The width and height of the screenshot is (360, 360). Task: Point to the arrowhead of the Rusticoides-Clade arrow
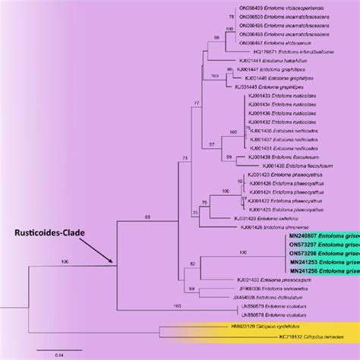point(114,263)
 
